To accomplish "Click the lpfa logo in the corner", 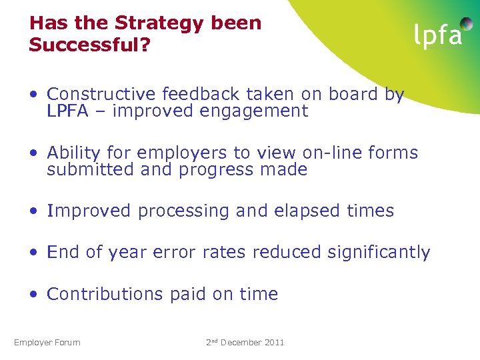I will [x=437, y=34].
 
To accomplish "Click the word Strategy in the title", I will [x=159, y=23].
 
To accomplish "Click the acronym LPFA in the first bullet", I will [x=67, y=111].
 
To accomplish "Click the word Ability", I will [x=72, y=153].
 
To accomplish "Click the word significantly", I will [x=379, y=253].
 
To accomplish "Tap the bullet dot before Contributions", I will [x=34, y=295].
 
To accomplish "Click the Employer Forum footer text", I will [x=47, y=343].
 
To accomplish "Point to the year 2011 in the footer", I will [x=273, y=343].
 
